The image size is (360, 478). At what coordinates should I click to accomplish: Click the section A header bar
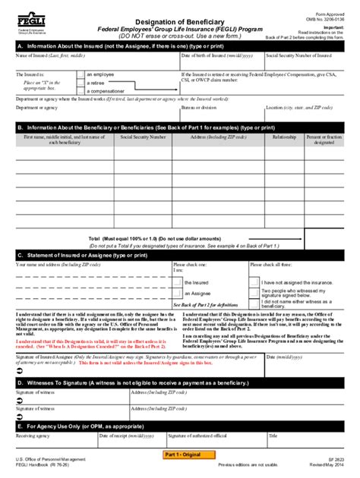(x=179, y=46)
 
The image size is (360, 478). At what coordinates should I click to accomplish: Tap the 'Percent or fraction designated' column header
(x=325, y=140)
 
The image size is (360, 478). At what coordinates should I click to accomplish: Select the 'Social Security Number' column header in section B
(x=142, y=137)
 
